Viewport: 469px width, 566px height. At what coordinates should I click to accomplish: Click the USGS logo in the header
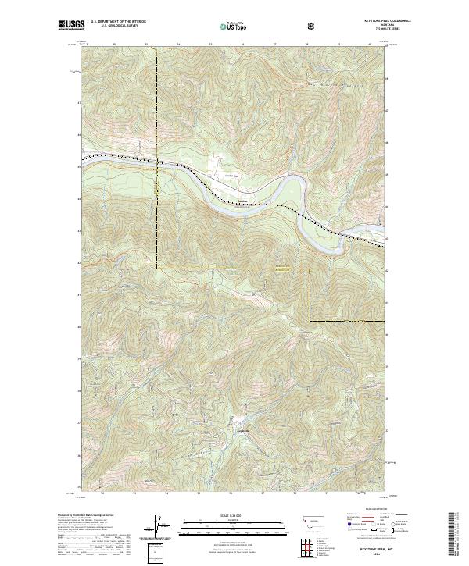click(x=72, y=25)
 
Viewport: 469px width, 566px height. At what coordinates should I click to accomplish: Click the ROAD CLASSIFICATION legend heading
click(x=364, y=513)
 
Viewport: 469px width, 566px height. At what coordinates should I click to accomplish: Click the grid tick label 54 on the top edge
click(x=178, y=45)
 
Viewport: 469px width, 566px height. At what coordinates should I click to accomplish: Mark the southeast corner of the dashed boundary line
click(x=310, y=321)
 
